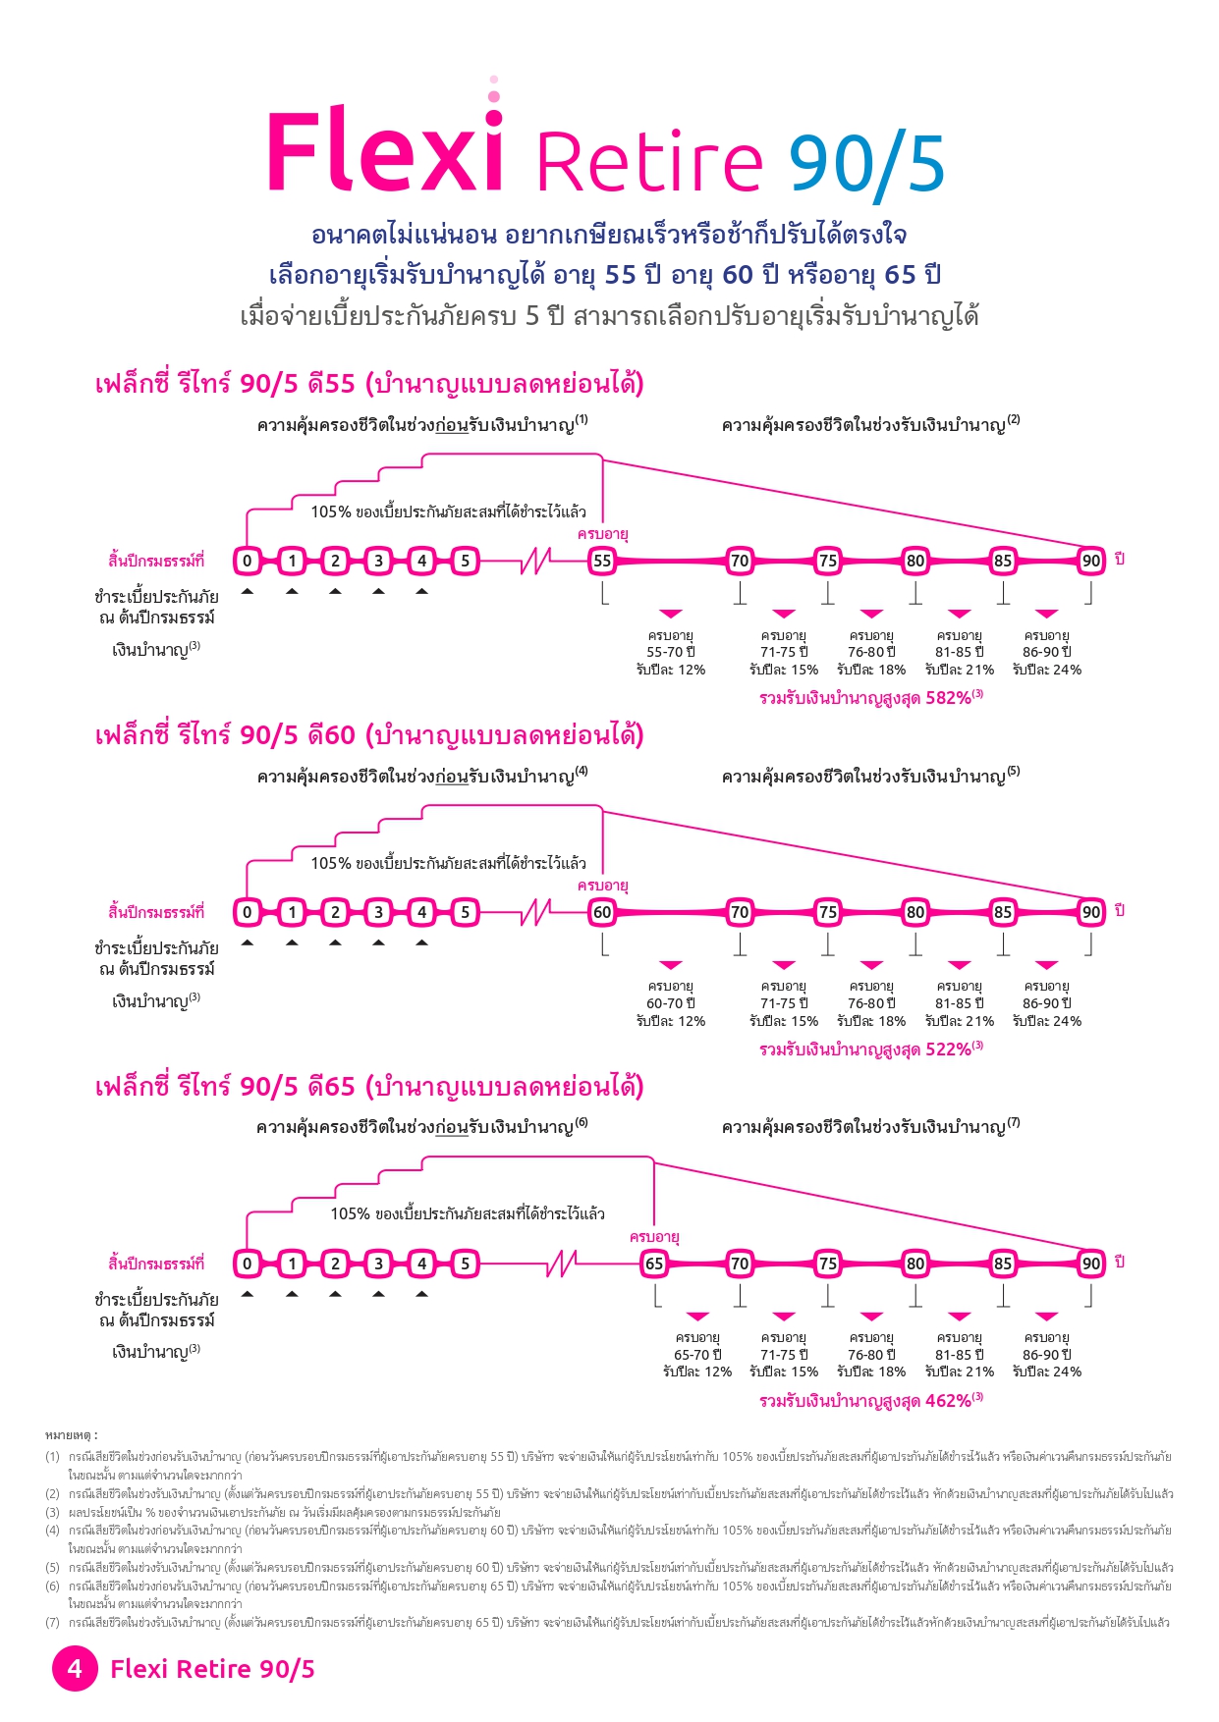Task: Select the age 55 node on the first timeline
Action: (x=602, y=561)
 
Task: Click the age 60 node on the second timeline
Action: (x=602, y=912)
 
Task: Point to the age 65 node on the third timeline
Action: (x=654, y=1264)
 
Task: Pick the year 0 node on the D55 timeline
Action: (x=248, y=561)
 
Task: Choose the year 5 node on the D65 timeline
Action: (x=466, y=1264)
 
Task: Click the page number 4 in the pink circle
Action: (x=75, y=1668)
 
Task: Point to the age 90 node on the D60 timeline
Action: (x=1091, y=912)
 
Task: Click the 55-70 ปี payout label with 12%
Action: (x=671, y=653)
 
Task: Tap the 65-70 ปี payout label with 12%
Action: (x=697, y=1355)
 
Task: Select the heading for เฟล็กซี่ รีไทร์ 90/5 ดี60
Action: (x=369, y=735)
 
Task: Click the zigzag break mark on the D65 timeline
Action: (x=561, y=1264)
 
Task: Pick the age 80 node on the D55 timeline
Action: (x=915, y=561)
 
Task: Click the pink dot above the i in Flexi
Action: (x=494, y=96)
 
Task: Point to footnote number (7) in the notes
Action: (x=53, y=1622)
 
